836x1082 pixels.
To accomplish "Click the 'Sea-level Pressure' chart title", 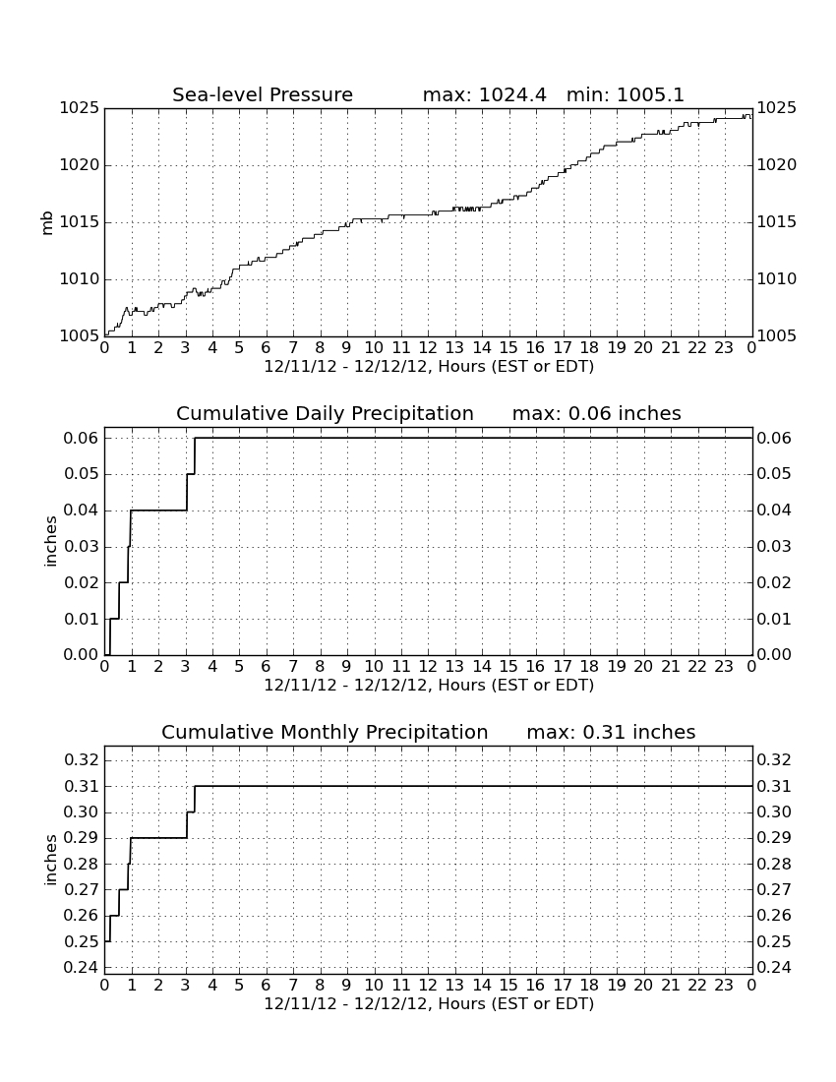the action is pyautogui.click(x=263, y=94).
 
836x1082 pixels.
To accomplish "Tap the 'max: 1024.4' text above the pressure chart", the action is pyautogui.click(x=484, y=94).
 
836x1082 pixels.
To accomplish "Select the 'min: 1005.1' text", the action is pyautogui.click(x=625, y=94).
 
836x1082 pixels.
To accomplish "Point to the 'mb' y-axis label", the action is pyautogui.click(x=47, y=223).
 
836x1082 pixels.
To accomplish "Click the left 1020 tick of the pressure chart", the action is pyautogui.click(x=79, y=165).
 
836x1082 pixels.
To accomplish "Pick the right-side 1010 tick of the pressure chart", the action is pyautogui.click(x=777, y=278).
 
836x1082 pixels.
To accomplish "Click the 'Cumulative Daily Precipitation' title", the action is pyautogui.click(x=325, y=413).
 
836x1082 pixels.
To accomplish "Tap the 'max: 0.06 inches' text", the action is pyautogui.click(x=597, y=413).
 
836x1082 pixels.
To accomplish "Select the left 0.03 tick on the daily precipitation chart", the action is pyautogui.click(x=81, y=547).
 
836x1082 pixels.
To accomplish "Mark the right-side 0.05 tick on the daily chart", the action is pyautogui.click(x=774, y=474).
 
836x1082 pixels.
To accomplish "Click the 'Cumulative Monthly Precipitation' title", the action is pyautogui.click(x=325, y=732).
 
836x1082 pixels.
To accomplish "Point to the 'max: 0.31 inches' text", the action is pyautogui.click(x=611, y=732).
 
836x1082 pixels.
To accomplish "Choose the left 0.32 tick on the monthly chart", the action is pyautogui.click(x=81, y=759).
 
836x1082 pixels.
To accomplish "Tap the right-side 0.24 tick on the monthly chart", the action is pyautogui.click(x=774, y=967).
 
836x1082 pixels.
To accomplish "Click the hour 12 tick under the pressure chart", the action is pyautogui.click(x=428, y=348).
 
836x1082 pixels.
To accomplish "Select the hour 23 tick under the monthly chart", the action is pyautogui.click(x=724, y=986).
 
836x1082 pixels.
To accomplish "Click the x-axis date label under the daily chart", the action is pyautogui.click(x=429, y=686).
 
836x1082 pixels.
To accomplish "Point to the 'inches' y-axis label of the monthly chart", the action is pyautogui.click(x=50, y=860).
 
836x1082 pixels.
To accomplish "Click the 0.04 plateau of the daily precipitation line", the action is pyautogui.click(x=158, y=510).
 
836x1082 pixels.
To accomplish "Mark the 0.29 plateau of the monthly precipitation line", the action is pyautogui.click(x=158, y=838).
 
